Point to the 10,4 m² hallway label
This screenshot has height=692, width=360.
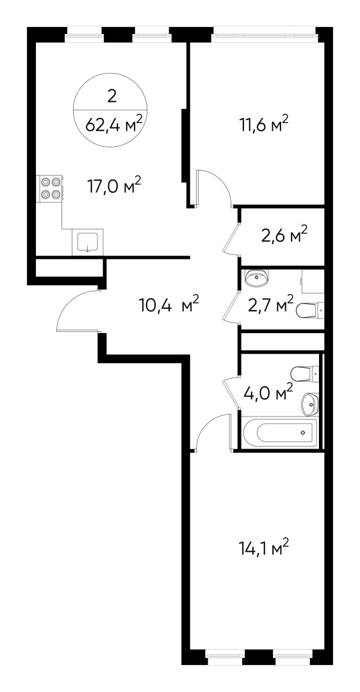(169, 304)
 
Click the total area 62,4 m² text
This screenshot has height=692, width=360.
(113, 124)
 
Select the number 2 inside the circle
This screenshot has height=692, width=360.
(113, 97)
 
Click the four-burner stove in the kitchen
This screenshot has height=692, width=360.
(51, 186)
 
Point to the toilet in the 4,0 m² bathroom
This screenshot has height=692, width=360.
(304, 372)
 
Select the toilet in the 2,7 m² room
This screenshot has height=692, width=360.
(310, 311)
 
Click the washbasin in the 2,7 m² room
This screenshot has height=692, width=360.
(258, 277)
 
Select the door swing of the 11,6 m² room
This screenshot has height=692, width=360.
(215, 186)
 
